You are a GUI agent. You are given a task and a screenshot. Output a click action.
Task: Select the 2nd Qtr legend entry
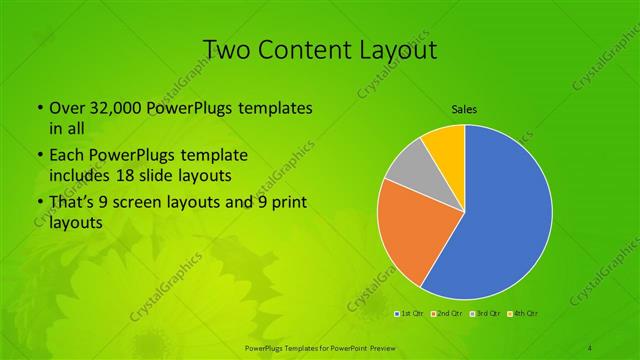(x=446, y=315)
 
